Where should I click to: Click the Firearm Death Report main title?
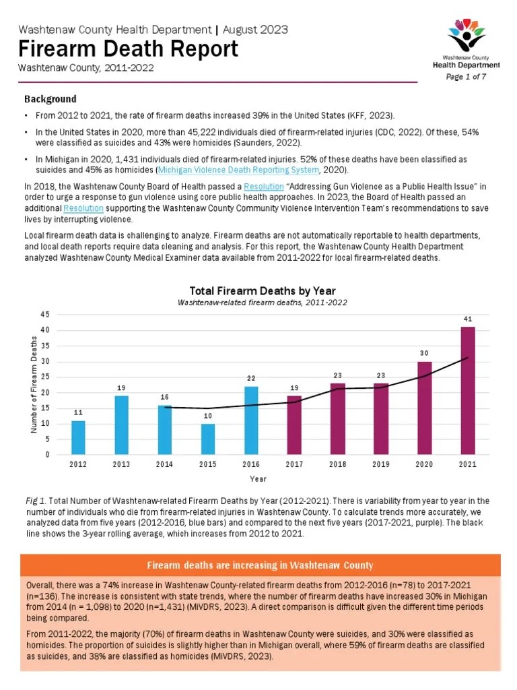point(128,49)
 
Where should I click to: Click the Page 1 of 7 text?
point(466,77)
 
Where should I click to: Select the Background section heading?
point(50,99)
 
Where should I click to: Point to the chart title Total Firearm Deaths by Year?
point(263,291)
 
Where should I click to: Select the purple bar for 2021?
point(468,390)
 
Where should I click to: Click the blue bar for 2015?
point(208,439)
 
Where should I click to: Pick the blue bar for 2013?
point(122,425)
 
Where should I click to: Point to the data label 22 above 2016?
point(251,378)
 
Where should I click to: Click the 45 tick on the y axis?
point(44,315)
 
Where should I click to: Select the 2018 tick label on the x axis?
point(338,464)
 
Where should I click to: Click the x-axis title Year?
point(258,479)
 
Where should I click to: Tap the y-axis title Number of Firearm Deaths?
point(35,385)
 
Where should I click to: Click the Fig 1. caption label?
point(34,501)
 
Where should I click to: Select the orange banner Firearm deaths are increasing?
point(260,565)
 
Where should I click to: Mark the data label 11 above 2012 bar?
point(79,412)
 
